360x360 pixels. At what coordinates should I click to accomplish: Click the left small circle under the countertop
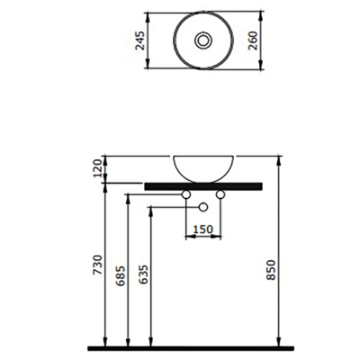[185, 194]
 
